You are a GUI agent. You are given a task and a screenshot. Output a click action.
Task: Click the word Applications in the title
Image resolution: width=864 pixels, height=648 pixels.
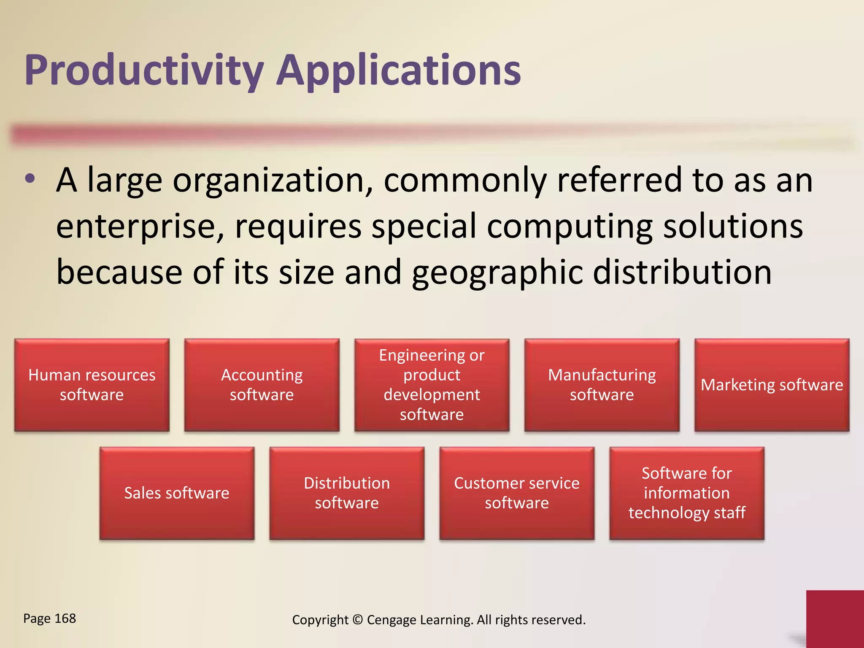click(x=399, y=70)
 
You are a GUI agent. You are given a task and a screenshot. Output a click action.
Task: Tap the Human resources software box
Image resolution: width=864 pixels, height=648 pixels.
click(x=92, y=385)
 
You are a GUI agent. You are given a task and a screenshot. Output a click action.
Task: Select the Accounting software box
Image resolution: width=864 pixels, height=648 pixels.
click(x=262, y=385)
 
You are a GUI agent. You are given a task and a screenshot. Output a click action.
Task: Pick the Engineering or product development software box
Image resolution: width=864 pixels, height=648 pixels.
click(x=432, y=385)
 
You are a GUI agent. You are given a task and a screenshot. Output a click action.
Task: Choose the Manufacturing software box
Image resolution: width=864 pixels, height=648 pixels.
click(x=602, y=385)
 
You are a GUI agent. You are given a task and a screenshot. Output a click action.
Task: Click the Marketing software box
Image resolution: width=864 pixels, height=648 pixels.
click(x=772, y=385)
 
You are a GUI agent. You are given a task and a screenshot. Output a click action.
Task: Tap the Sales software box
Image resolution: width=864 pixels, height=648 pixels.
click(x=177, y=493)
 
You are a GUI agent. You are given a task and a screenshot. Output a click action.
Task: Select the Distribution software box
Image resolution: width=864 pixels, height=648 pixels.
click(x=347, y=493)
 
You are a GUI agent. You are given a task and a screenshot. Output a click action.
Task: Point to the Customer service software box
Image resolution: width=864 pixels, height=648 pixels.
click(x=517, y=493)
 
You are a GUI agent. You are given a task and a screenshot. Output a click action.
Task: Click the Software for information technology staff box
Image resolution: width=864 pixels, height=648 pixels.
click(x=687, y=493)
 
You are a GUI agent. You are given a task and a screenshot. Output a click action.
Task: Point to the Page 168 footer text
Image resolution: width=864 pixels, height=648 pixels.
click(x=50, y=618)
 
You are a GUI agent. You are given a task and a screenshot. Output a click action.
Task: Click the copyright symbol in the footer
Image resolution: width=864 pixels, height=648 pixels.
click(x=357, y=620)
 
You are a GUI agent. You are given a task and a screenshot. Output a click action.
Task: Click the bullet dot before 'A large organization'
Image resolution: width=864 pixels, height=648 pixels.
click(x=30, y=179)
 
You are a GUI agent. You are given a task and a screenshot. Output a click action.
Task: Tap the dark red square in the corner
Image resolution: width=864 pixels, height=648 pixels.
click(x=835, y=618)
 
